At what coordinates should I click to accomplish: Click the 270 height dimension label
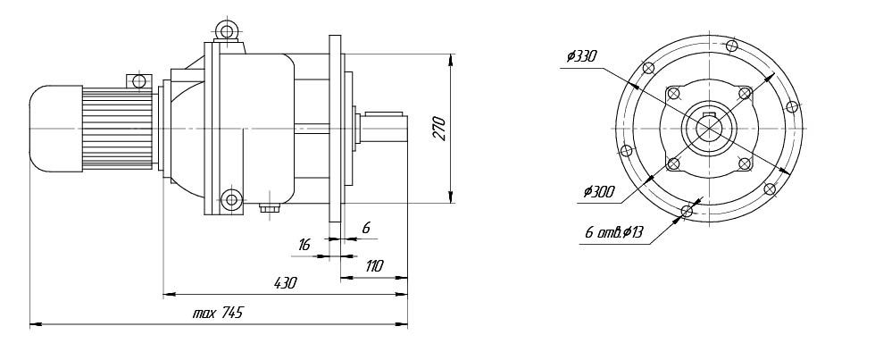point(438,129)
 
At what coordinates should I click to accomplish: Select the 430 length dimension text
point(284,282)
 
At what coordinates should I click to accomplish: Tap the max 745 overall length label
point(218,313)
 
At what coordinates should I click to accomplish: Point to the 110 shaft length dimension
point(373,265)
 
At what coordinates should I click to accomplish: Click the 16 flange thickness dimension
point(305,242)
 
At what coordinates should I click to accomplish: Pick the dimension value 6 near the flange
point(366,228)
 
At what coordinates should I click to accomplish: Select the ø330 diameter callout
point(580,56)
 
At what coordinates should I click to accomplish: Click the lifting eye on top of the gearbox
point(228,34)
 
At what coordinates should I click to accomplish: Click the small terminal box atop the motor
point(137,82)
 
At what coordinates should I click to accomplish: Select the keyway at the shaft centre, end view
point(710,116)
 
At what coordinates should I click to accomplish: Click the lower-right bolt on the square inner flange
point(744,163)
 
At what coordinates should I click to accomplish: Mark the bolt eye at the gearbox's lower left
point(231,197)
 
